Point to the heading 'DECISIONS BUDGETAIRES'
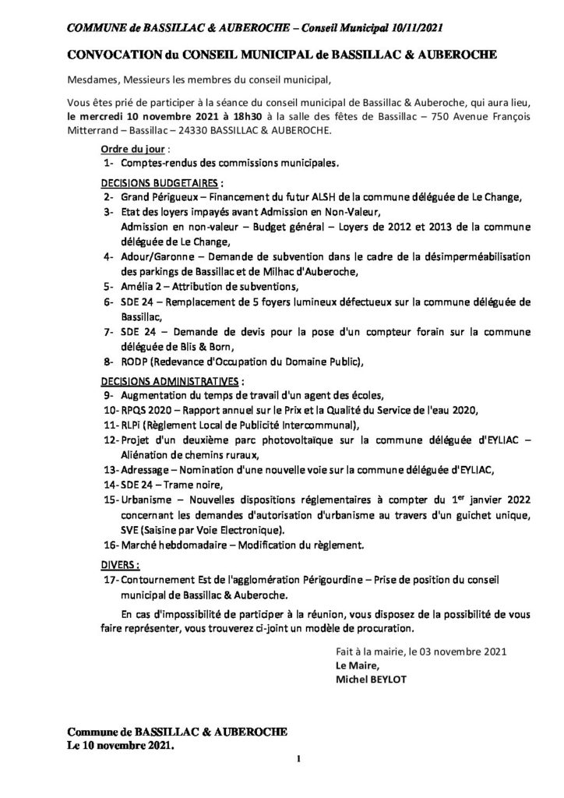click(x=160, y=182)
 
